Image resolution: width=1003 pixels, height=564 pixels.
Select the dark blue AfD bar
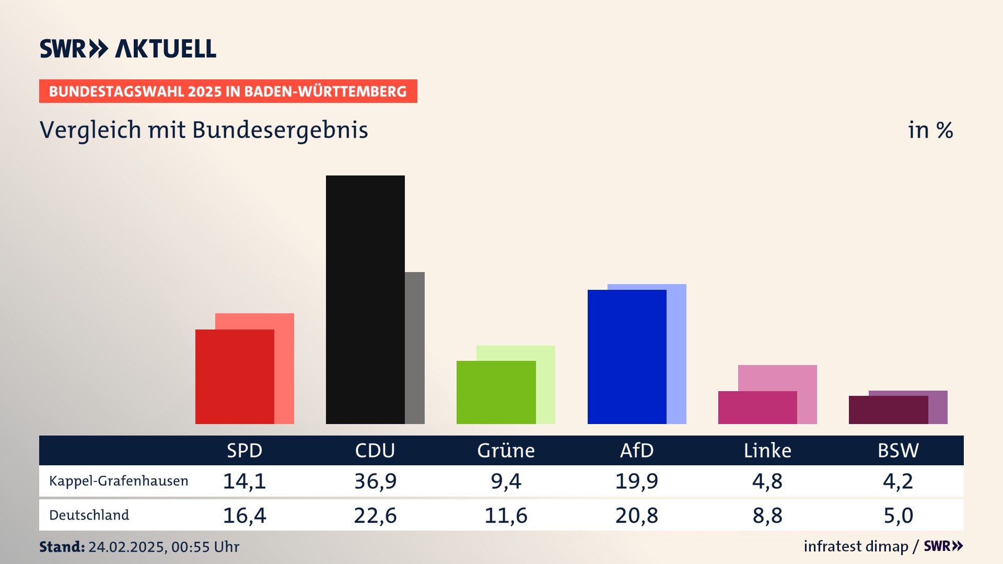coord(627,357)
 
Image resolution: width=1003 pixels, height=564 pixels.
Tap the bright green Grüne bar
coord(496,392)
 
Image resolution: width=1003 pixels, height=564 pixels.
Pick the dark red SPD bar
coord(235,377)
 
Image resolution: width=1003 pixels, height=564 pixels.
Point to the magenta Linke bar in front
coord(757,407)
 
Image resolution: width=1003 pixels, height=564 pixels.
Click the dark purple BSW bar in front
coord(888,410)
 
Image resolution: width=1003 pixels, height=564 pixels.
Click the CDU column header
coord(375,450)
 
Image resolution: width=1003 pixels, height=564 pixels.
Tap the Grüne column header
coord(506,450)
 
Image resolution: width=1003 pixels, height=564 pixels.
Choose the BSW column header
coord(898,450)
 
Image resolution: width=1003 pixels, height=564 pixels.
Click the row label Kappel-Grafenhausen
coord(119,481)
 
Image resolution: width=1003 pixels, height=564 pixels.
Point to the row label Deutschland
coord(89,515)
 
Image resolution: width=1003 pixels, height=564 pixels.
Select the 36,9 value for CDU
coord(375,481)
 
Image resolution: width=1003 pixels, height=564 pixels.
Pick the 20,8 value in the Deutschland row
coord(636,515)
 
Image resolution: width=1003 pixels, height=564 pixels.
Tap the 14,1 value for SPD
coord(244,481)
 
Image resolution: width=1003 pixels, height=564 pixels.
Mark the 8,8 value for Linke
coord(767,515)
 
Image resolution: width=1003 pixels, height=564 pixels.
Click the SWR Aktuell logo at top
coord(128,49)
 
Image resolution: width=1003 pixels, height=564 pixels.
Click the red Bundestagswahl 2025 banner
coord(228,91)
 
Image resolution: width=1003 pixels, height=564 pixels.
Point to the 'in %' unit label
coord(930,130)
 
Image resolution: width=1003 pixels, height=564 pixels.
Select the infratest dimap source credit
coord(856,546)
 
